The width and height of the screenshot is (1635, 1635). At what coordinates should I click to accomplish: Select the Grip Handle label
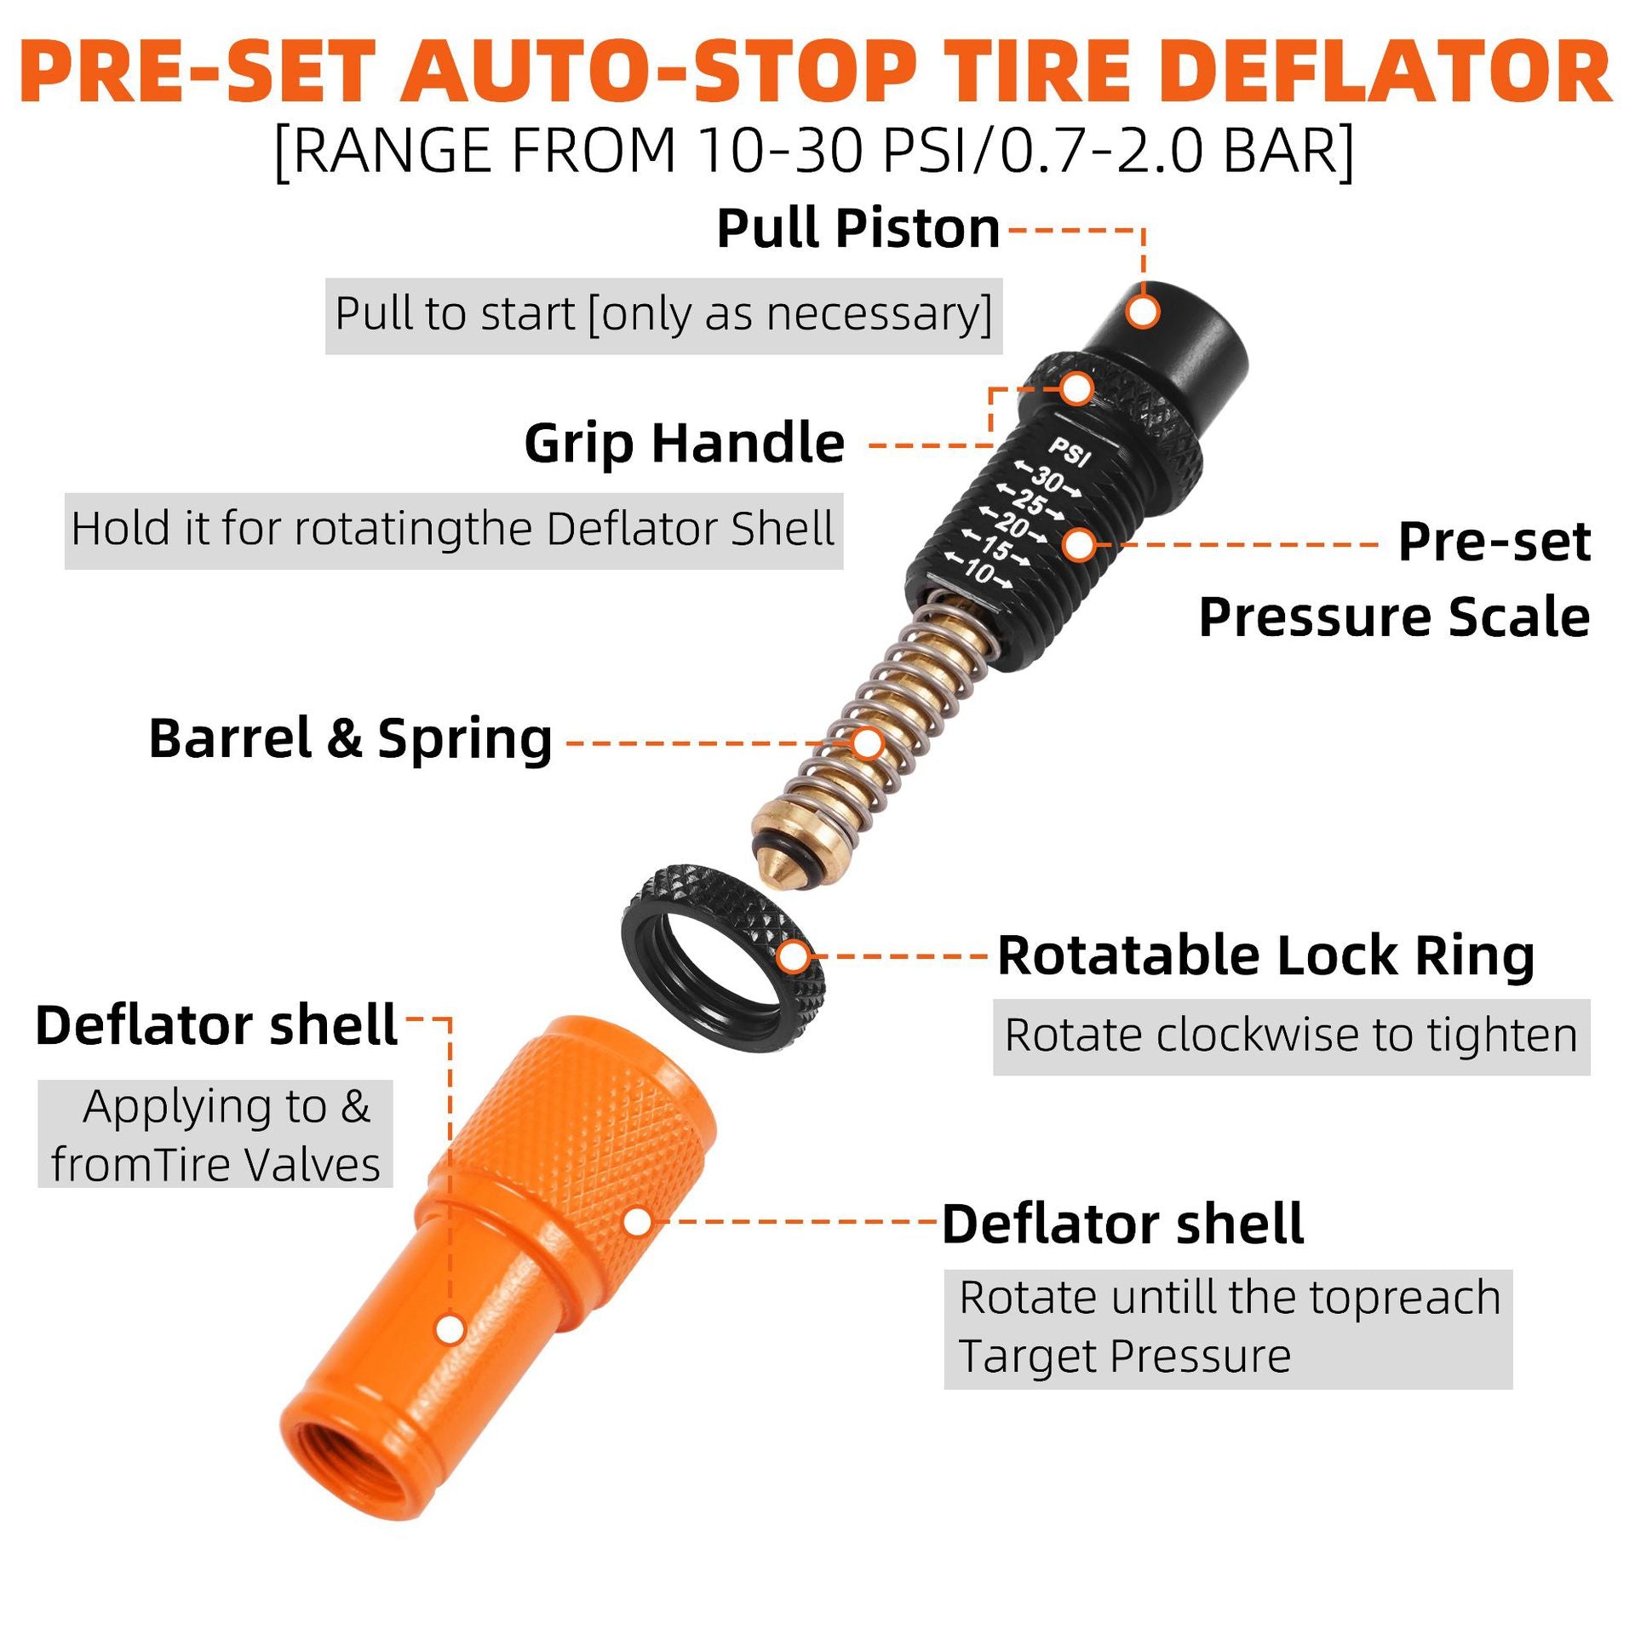(x=685, y=444)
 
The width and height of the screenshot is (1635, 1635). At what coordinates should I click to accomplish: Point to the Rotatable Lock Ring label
(x=1266, y=955)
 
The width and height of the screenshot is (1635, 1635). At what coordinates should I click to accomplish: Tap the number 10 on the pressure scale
(x=979, y=571)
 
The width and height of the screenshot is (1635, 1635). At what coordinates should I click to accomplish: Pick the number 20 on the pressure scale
(x=1013, y=526)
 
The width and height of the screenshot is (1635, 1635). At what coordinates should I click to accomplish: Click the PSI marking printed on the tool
(x=1070, y=451)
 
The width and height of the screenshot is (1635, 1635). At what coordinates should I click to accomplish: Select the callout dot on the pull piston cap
(x=1143, y=312)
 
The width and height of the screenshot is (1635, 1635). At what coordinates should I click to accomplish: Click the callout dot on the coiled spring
(x=867, y=743)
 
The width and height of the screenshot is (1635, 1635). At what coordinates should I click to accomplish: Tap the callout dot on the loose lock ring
(x=794, y=956)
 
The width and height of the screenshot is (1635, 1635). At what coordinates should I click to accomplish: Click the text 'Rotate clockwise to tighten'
(x=1291, y=1036)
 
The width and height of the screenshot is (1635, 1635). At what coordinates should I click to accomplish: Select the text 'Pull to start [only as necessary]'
(x=663, y=315)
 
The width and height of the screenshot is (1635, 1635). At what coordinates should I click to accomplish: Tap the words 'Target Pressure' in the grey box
(x=1124, y=1357)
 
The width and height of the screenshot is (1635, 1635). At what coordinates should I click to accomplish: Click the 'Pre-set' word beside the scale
(x=1494, y=542)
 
